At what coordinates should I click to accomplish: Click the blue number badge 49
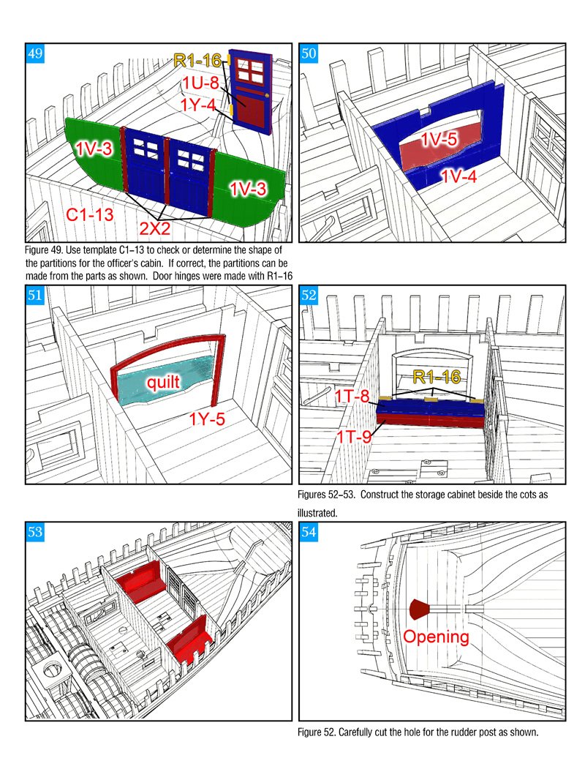pyautogui.click(x=35, y=53)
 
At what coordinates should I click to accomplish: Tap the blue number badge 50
pyautogui.click(x=309, y=53)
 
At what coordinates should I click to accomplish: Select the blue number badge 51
pyautogui.click(x=35, y=295)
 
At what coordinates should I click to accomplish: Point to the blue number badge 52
pyautogui.click(x=309, y=295)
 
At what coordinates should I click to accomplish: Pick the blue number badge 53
pyautogui.click(x=35, y=532)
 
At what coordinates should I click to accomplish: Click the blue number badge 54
pyautogui.click(x=309, y=532)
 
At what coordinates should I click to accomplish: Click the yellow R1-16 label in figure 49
pyautogui.click(x=197, y=61)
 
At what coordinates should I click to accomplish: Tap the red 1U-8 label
pyautogui.click(x=201, y=83)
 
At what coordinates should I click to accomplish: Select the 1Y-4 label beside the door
pyautogui.click(x=197, y=105)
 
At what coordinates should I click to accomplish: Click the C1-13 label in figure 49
pyautogui.click(x=90, y=214)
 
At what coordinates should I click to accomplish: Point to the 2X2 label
pyautogui.click(x=155, y=228)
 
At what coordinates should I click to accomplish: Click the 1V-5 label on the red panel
pyautogui.click(x=439, y=140)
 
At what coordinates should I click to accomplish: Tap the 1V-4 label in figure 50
pyautogui.click(x=458, y=176)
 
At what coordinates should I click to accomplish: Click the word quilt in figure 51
pyautogui.click(x=163, y=381)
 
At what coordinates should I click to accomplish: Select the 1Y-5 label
pyautogui.click(x=207, y=419)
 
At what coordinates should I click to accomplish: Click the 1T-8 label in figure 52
pyautogui.click(x=352, y=396)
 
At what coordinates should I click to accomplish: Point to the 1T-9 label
pyautogui.click(x=354, y=436)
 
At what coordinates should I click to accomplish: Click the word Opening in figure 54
pyautogui.click(x=436, y=637)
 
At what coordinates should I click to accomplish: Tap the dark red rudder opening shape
pyautogui.click(x=419, y=609)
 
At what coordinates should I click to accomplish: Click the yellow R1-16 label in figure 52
pyautogui.click(x=437, y=377)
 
